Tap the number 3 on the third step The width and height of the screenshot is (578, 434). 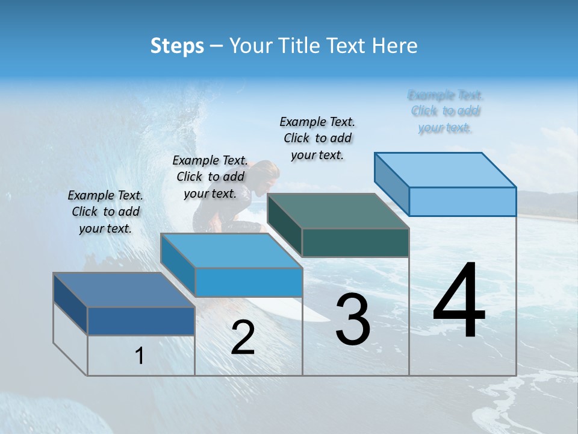(353, 319)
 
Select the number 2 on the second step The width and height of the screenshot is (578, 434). (243, 338)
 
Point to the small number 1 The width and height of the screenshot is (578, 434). (140, 356)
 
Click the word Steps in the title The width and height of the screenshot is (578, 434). (177, 46)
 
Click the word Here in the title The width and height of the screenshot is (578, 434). (395, 46)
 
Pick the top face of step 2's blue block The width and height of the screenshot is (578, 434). (232, 250)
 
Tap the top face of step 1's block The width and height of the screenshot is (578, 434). (124, 290)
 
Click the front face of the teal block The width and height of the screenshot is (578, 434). (355, 243)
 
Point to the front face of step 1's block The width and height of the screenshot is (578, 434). (141, 321)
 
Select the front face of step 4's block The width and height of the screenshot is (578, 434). (462, 201)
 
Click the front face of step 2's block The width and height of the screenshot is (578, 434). (249, 282)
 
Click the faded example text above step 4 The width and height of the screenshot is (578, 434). (446, 112)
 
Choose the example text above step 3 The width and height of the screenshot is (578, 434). (318, 138)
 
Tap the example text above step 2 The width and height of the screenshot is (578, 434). (210, 177)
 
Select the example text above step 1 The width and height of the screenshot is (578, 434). (105, 212)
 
